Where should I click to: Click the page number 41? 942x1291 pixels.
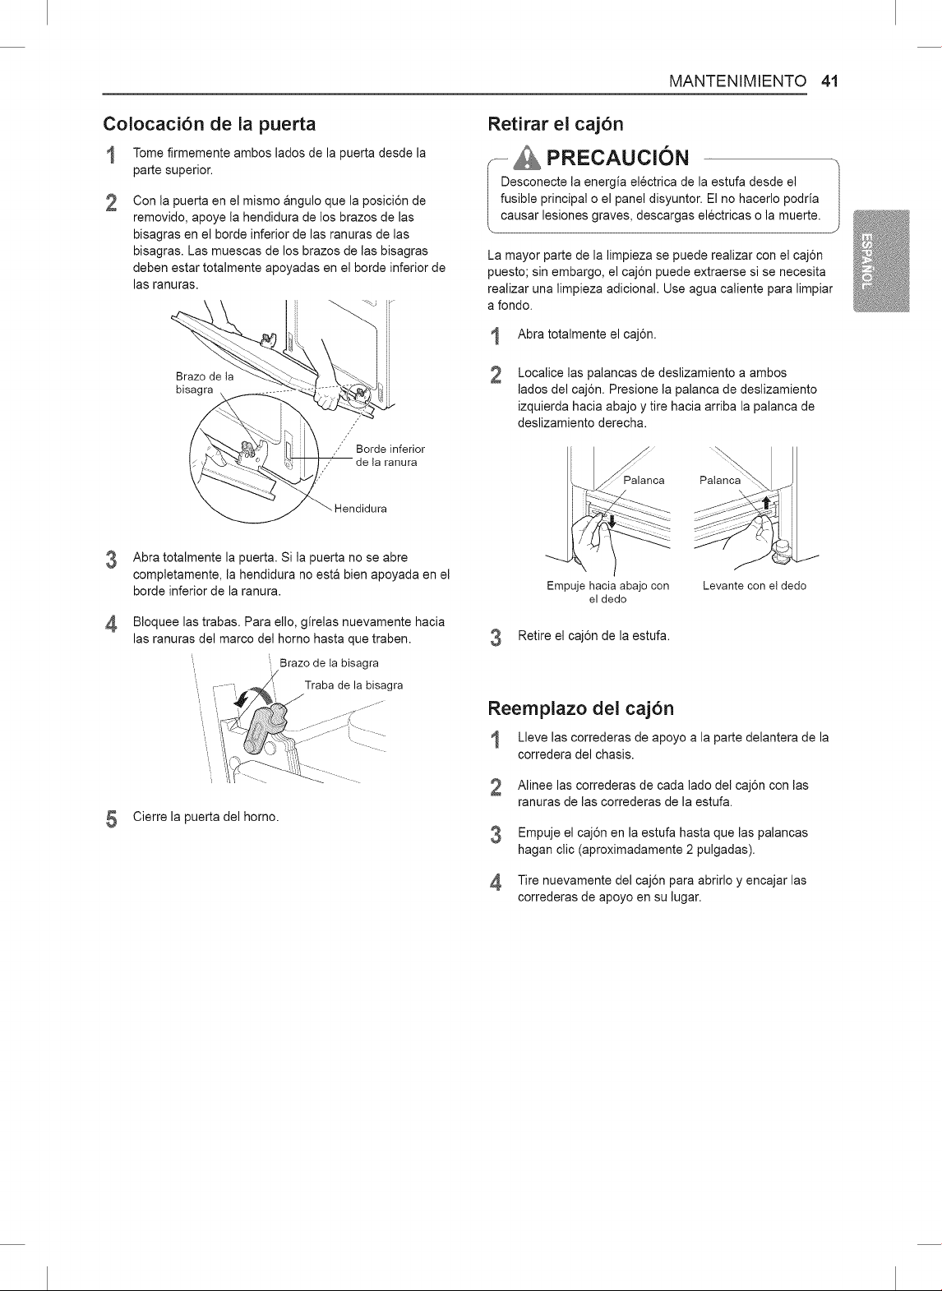pos(829,81)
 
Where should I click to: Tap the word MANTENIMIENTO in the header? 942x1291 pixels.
pos(738,81)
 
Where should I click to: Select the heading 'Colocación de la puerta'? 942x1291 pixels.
pos(210,124)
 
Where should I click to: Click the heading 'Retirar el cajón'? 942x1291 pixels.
pos(556,124)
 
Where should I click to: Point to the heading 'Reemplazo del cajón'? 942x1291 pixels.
pos(580,708)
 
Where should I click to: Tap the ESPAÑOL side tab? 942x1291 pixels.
pos(881,261)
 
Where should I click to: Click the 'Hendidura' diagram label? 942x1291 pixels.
pos(360,509)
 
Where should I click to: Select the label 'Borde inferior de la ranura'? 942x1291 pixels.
pos(390,455)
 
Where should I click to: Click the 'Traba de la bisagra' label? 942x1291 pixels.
pos(354,685)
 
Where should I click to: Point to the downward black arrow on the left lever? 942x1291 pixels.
pos(612,521)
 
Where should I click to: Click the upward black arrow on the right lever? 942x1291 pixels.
pos(765,503)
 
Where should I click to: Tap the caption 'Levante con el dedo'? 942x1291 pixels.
pos(754,586)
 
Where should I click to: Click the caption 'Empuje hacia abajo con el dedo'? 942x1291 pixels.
pos(608,592)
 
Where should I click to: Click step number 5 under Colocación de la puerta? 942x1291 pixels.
pos(111,818)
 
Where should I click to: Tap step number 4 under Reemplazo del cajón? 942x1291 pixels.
pos(495,883)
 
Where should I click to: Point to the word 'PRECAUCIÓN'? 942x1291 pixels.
pos(617,157)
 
